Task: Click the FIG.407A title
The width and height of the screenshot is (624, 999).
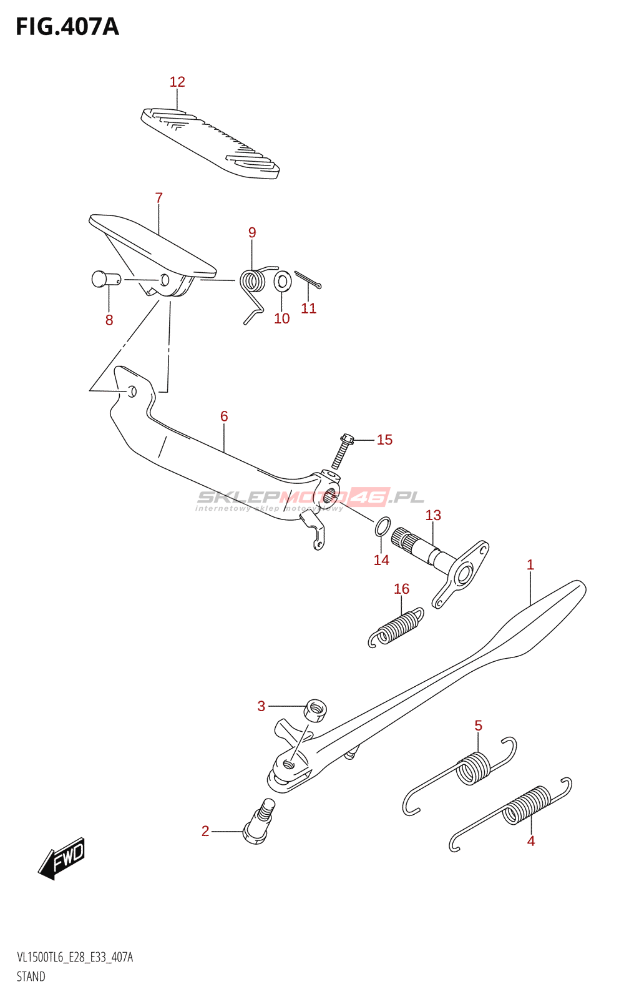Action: click(67, 27)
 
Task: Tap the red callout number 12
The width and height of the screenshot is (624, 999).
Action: click(177, 82)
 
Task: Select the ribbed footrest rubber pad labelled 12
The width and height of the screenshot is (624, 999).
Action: click(210, 143)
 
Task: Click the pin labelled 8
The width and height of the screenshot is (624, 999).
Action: click(106, 280)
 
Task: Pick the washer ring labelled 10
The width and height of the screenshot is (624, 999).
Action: click(283, 280)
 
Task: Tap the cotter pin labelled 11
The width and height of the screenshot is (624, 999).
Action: click(308, 280)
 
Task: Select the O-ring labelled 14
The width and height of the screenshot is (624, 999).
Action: click(383, 526)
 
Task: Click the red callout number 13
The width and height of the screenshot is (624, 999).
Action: click(433, 515)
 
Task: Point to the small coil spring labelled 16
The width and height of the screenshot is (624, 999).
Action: click(396, 627)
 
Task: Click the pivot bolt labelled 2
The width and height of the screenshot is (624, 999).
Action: click(259, 822)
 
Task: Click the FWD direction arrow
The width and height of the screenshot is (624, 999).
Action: click(61, 858)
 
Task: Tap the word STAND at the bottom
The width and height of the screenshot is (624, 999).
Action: click(31, 977)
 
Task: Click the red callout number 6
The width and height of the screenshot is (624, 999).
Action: click(224, 416)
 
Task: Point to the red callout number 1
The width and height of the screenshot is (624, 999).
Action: click(530, 564)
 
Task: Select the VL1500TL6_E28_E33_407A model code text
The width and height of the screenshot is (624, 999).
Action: click(75, 958)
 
